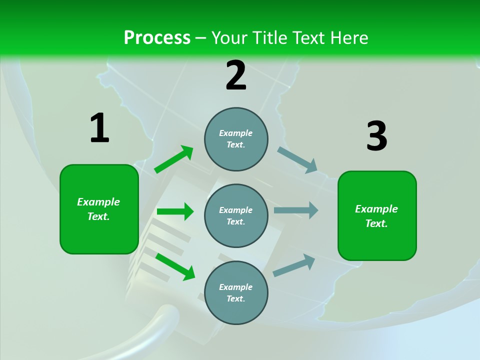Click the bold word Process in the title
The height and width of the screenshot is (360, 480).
[x=157, y=37]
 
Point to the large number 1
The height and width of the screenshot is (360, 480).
[x=99, y=128]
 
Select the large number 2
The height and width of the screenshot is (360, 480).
[x=236, y=75]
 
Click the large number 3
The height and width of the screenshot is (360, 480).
[x=376, y=136]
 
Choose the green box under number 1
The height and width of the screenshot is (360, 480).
[x=99, y=209]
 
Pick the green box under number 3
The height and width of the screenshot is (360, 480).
[x=377, y=215]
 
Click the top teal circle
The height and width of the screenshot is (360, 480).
[x=236, y=139]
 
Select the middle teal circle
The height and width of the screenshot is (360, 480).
[x=236, y=215]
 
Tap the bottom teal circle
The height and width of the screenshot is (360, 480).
[x=236, y=292]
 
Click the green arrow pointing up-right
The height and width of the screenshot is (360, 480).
[x=173, y=159]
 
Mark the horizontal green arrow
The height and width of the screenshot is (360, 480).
[x=175, y=211]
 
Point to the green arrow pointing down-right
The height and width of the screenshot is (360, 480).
[x=175, y=266]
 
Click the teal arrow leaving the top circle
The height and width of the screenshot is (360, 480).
[x=297, y=159]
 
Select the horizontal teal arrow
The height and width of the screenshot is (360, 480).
[x=295, y=210]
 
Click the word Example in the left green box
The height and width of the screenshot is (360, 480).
[x=98, y=202]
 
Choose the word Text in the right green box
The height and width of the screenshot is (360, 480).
[x=376, y=223]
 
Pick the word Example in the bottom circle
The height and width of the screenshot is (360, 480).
[x=235, y=287]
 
